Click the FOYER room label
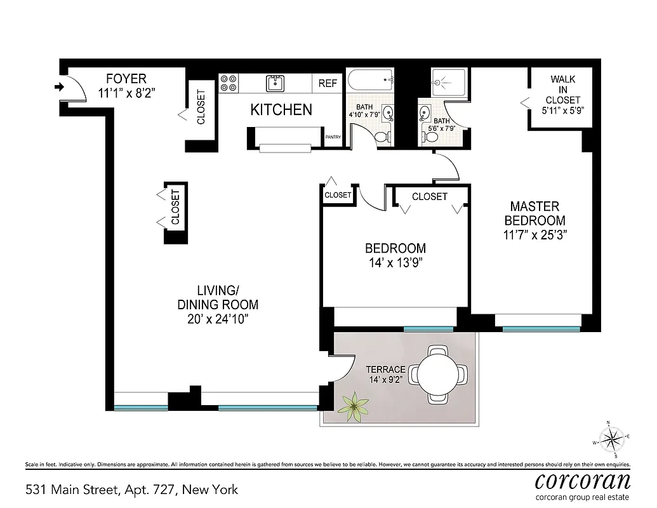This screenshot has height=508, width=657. click(126, 79)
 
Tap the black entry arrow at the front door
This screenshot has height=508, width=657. click(60, 87)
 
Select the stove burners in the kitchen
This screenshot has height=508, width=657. click(229, 83)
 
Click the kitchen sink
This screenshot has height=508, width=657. click(275, 83)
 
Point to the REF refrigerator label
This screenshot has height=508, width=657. click(328, 83)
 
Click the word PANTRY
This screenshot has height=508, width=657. click(333, 137)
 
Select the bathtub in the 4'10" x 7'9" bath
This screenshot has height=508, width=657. click(371, 81)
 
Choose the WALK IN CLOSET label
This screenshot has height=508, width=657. click(562, 90)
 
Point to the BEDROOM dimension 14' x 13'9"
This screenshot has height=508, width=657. click(395, 262)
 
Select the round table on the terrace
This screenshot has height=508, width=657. click(437, 375)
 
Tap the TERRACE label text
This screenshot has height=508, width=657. click(385, 369)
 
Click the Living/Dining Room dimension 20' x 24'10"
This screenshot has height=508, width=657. click(217, 318)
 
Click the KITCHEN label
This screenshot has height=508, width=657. click(281, 110)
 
